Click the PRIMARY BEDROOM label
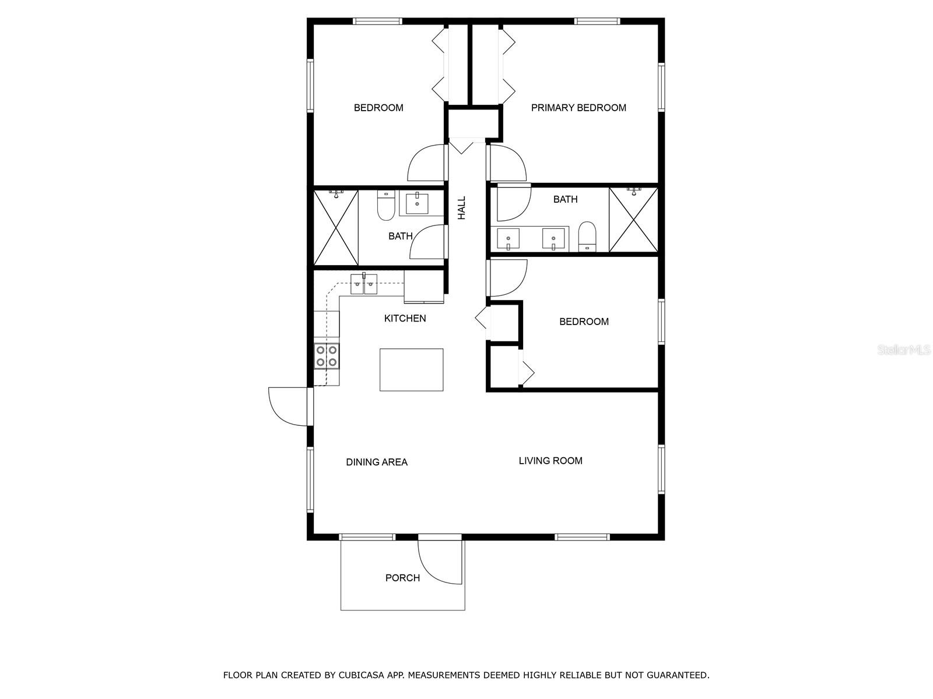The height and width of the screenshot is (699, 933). (x=578, y=108)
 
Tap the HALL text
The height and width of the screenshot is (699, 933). (x=462, y=208)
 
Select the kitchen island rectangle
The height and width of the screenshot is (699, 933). (x=411, y=369)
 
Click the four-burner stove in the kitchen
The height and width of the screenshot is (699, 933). (x=327, y=356)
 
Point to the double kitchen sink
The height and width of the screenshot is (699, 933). (x=363, y=285)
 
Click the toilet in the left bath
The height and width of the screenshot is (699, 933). (x=386, y=207)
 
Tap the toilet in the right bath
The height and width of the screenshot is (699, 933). (x=587, y=236)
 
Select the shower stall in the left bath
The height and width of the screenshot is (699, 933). (x=336, y=227)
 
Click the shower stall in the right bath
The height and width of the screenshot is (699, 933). (x=633, y=220)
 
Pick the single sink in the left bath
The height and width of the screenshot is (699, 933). (x=417, y=204)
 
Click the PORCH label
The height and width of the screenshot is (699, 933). (x=402, y=578)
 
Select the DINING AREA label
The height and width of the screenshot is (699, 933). (x=377, y=462)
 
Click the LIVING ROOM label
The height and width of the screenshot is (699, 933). (x=550, y=461)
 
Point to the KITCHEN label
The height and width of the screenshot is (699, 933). (x=405, y=318)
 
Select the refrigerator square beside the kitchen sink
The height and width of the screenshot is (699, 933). (x=424, y=287)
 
